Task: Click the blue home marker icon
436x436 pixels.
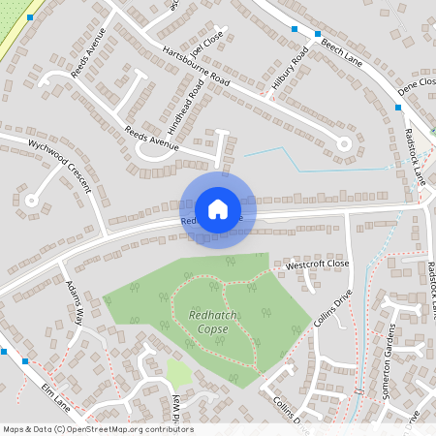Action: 218,208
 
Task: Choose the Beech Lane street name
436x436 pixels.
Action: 342,47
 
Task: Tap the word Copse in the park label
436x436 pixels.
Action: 208,329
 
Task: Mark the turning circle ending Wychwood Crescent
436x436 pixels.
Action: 31,202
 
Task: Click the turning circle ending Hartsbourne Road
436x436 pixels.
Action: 342,141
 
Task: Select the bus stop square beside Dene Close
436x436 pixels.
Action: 397,107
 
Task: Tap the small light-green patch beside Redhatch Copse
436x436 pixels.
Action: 178,372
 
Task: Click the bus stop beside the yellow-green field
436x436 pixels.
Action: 31,17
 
